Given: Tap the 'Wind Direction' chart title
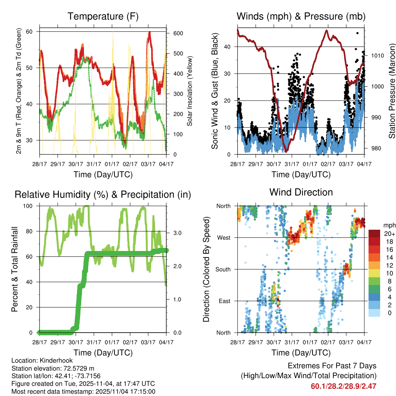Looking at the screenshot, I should [301, 192].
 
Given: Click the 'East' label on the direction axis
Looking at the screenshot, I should [224, 301].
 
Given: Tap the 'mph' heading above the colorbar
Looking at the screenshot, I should [388, 225].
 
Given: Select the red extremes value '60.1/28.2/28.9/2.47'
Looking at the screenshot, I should [343, 386].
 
